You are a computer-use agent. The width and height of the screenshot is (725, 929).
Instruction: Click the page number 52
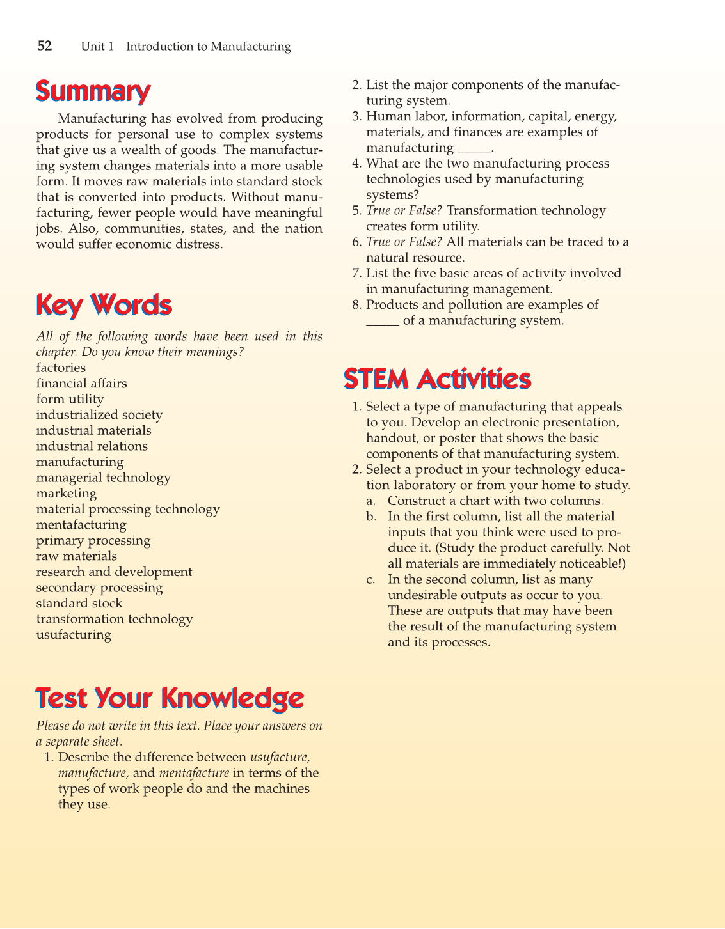(x=44, y=46)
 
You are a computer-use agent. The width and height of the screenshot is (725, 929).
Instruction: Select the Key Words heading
(x=104, y=306)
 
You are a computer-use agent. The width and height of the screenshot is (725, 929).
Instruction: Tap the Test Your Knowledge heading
(x=170, y=698)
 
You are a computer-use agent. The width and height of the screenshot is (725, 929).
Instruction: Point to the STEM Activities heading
(x=437, y=379)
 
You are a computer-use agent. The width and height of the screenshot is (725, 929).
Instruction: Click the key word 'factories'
(x=61, y=368)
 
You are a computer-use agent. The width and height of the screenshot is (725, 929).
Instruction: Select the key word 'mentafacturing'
(x=81, y=525)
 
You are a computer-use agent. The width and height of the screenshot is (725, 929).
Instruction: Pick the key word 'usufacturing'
(x=74, y=635)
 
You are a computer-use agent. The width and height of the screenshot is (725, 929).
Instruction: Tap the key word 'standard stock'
(x=79, y=604)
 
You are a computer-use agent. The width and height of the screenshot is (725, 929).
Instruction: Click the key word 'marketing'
(x=67, y=494)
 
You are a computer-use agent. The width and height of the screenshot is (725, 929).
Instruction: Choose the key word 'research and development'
(x=114, y=572)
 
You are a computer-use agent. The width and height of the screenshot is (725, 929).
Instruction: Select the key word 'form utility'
(x=70, y=400)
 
